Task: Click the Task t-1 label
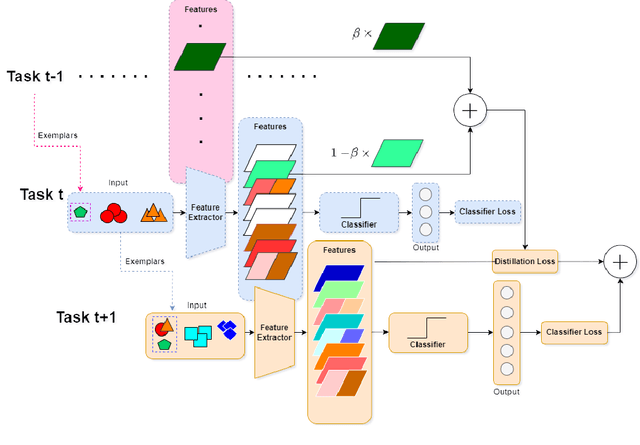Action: coord(38,77)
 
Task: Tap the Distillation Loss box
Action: coord(524,261)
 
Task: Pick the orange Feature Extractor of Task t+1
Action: coord(274,332)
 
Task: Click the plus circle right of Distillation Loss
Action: coord(620,261)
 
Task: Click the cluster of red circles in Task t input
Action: coord(115,212)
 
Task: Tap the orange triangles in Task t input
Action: coord(153,212)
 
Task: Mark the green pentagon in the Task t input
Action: coord(80,212)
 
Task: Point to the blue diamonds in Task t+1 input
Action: coord(230,329)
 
